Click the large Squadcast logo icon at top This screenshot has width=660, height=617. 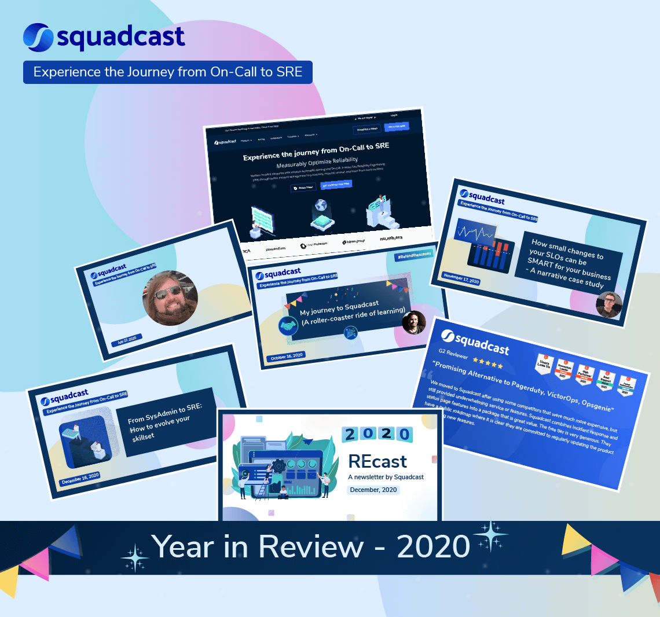coord(38,37)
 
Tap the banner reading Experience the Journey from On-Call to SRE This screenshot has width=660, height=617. coord(167,72)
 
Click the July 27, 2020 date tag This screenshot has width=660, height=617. coord(126,340)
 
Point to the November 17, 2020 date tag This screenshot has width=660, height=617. coord(461,278)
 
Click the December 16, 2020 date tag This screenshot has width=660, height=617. coord(80,478)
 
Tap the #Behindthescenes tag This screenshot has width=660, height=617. coord(413,256)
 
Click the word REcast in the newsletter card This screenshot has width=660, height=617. coord(377,461)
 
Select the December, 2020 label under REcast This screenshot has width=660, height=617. coord(373,490)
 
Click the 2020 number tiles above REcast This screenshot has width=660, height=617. coord(376,434)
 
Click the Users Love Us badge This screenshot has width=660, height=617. coord(544,363)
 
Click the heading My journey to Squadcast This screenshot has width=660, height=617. coord(339,306)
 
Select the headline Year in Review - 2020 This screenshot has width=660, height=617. coord(310,546)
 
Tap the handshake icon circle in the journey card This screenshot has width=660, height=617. coord(288,326)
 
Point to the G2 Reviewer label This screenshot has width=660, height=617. coord(453,354)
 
